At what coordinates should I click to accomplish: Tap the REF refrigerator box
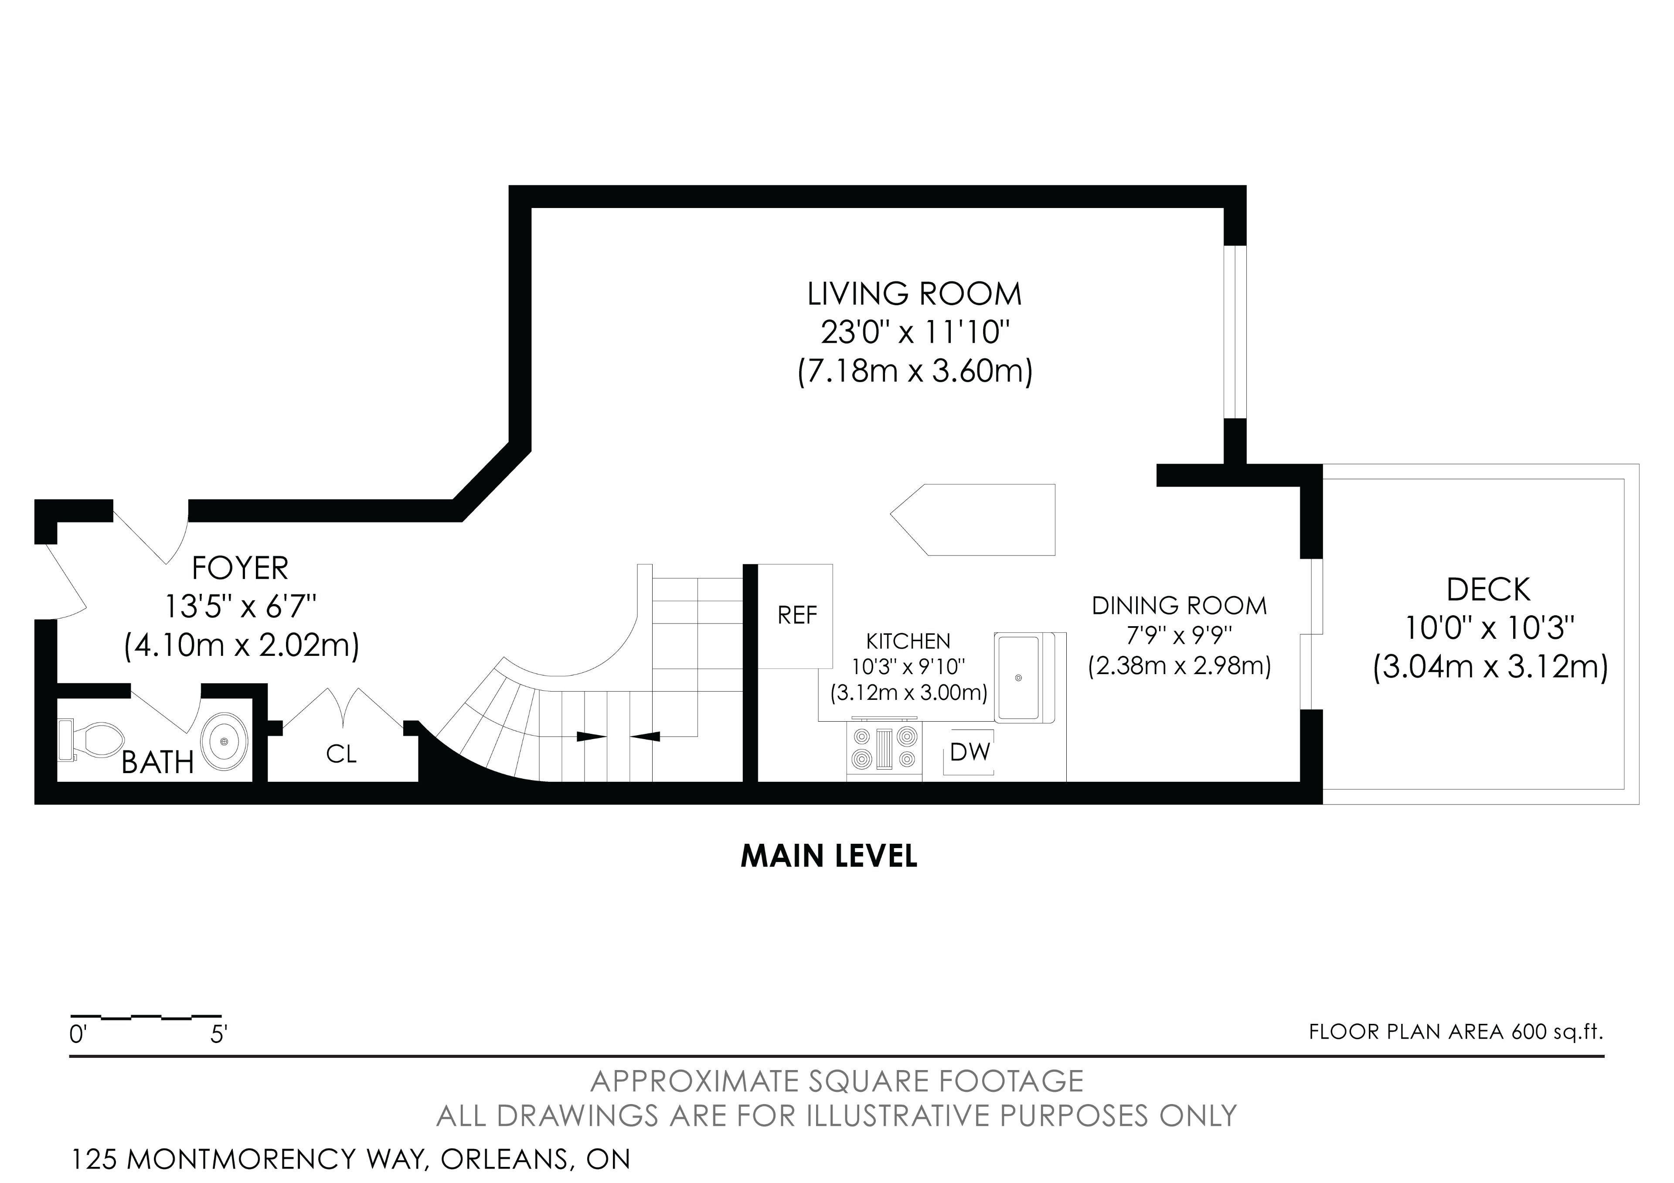coord(796,616)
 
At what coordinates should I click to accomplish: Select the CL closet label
coord(341,753)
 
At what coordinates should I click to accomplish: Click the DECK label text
coord(1488,589)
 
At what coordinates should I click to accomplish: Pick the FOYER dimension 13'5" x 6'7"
coord(241,606)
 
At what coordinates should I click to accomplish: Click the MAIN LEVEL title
coord(829,856)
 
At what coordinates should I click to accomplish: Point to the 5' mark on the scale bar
coord(219,1034)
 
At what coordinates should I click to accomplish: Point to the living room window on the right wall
coord(1235,333)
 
